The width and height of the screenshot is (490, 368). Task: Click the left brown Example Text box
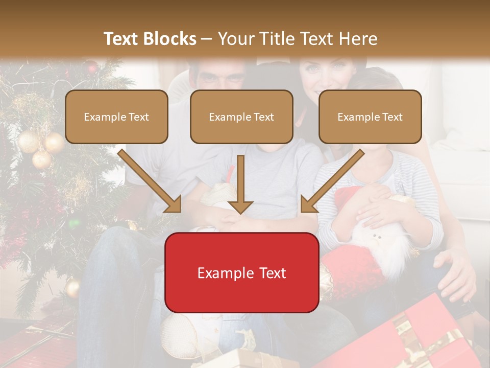pyautogui.click(x=116, y=117)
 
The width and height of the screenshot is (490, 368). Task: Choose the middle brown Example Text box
pyautogui.click(x=241, y=117)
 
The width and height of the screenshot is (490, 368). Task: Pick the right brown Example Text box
pyautogui.click(x=370, y=117)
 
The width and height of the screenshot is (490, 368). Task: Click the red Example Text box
pyautogui.click(x=241, y=272)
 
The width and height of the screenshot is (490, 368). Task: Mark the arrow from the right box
pyautogui.click(x=332, y=181)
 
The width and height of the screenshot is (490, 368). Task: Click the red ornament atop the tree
pyautogui.click(x=91, y=66)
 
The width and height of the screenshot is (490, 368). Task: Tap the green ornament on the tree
pyautogui.click(x=75, y=223)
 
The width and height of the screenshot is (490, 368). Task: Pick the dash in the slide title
pyautogui.click(x=207, y=39)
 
